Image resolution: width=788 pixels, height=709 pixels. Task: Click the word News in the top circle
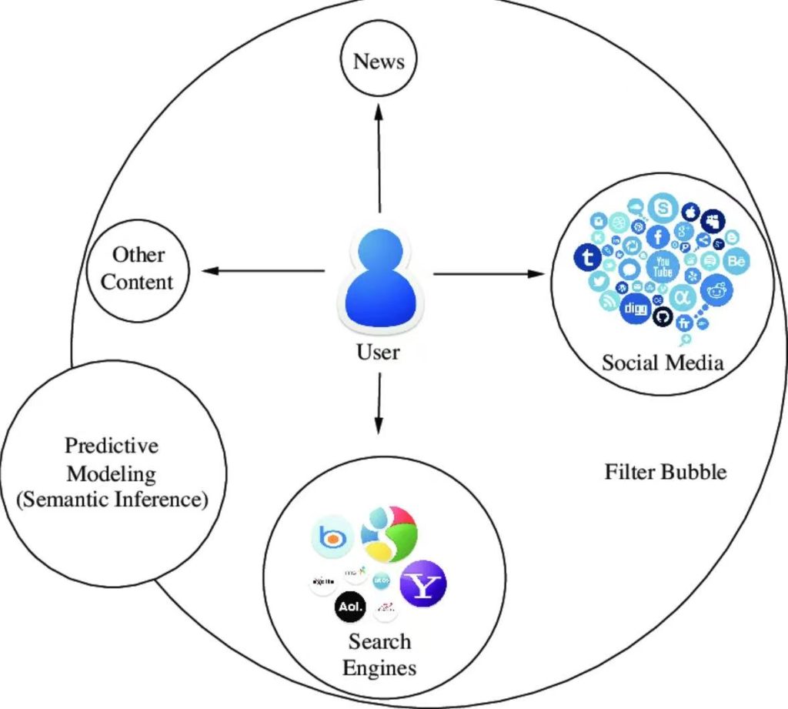click(x=379, y=62)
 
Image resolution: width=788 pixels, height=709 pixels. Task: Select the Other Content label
click(x=138, y=268)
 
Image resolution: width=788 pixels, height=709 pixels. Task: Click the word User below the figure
click(x=379, y=352)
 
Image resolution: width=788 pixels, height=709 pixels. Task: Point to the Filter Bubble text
click(x=665, y=471)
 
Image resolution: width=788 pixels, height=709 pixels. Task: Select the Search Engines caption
click(x=379, y=654)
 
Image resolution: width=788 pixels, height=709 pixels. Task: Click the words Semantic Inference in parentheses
click(x=112, y=499)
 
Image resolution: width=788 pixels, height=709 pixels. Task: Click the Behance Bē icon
click(x=736, y=262)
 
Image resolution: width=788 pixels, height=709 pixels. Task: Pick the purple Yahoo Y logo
click(x=424, y=583)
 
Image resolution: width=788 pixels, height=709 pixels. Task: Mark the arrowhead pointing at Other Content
click(x=206, y=271)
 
